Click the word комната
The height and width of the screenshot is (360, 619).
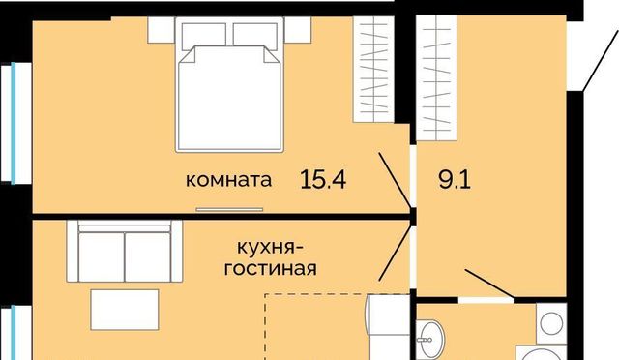(x=228, y=180)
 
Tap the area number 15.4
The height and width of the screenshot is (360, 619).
(x=323, y=179)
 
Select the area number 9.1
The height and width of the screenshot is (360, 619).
(x=455, y=180)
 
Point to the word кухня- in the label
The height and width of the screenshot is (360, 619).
(x=271, y=248)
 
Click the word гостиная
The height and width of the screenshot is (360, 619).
(x=271, y=269)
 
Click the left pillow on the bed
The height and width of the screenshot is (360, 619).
(x=204, y=35)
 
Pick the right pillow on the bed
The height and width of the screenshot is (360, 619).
(x=254, y=35)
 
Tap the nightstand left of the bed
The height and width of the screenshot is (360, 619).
(x=162, y=30)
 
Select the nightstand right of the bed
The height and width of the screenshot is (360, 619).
(x=298, y=30)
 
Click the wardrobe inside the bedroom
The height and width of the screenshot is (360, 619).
(x=373, y=69)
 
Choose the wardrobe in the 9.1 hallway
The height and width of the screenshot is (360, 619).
(x=436, y=77)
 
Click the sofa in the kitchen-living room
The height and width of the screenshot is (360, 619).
(x=125, y=251)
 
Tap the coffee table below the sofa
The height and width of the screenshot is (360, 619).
(x=125, y=310)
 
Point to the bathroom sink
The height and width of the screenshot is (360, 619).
(x=429, y=339)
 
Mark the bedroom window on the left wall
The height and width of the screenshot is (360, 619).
(x=15, y=123)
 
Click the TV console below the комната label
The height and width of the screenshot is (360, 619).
(x=230, y=209)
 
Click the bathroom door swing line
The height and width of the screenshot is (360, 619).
(x=490, y=284)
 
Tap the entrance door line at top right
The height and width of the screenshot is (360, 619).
(x=601, y=59)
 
